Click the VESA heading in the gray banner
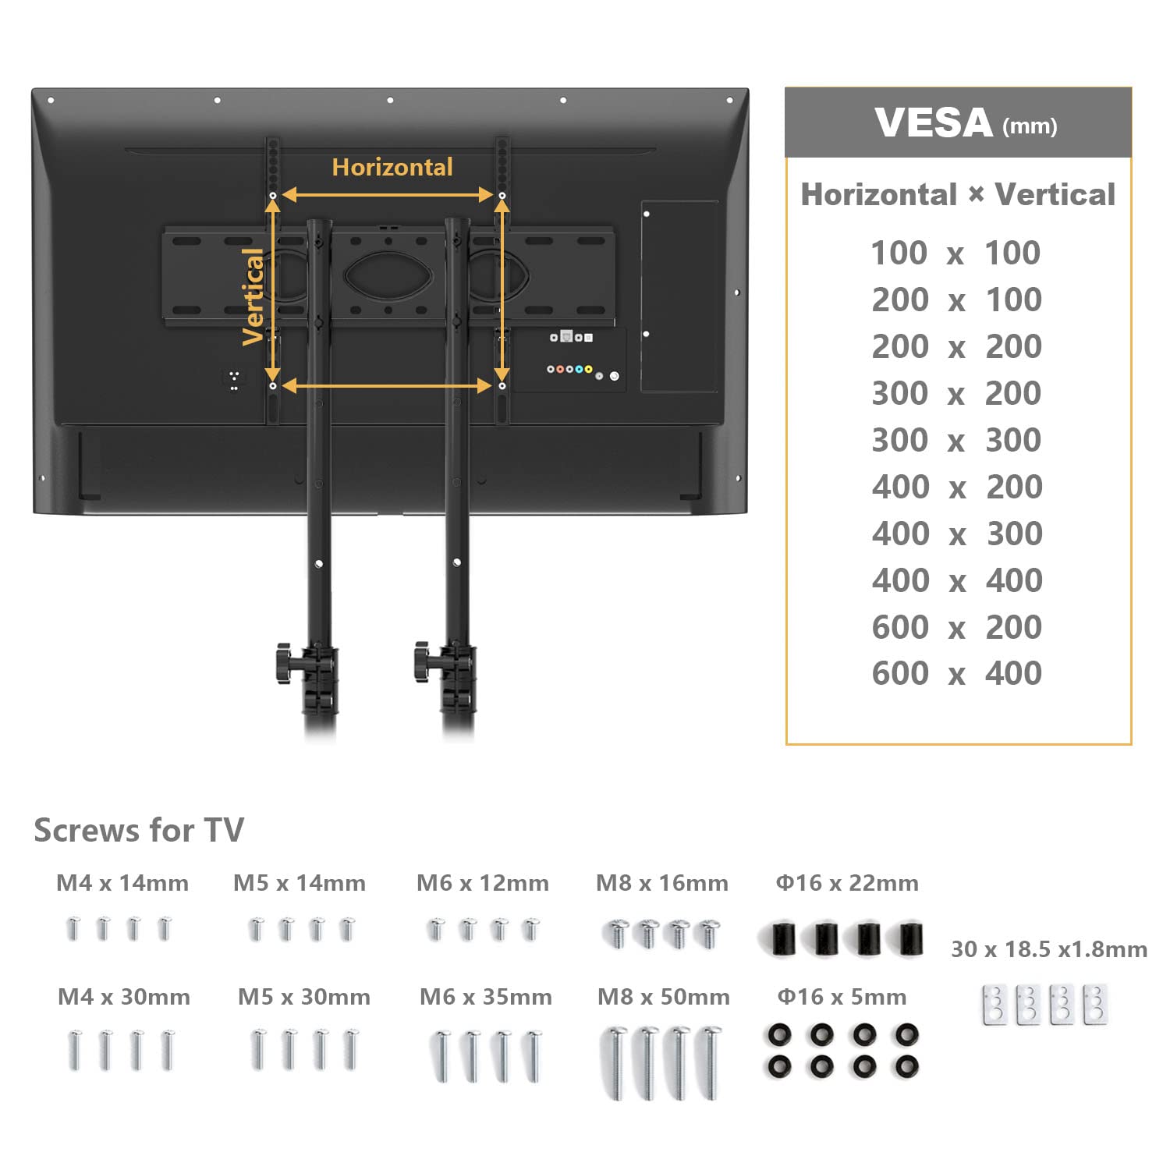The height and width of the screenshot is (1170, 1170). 933,123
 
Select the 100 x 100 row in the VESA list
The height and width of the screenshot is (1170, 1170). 955,253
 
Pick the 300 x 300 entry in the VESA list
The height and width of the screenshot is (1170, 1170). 956,441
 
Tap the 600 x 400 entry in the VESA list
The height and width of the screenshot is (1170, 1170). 956,674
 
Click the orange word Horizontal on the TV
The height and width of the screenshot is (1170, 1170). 392,167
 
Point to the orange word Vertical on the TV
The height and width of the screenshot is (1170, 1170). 253,296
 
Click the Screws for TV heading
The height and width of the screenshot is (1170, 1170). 139,830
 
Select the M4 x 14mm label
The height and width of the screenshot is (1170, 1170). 122,883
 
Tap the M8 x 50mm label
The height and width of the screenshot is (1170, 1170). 663,997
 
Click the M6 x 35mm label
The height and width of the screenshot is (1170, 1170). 485,997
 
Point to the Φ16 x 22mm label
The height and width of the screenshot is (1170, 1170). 846,883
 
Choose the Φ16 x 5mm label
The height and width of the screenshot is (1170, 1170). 842,997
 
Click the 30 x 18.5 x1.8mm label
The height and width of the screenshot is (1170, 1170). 1049,949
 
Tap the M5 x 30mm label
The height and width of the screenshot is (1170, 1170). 303,997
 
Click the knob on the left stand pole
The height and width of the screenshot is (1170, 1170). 283,662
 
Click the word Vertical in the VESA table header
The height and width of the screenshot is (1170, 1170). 1055,195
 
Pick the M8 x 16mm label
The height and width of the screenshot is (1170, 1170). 662,883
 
